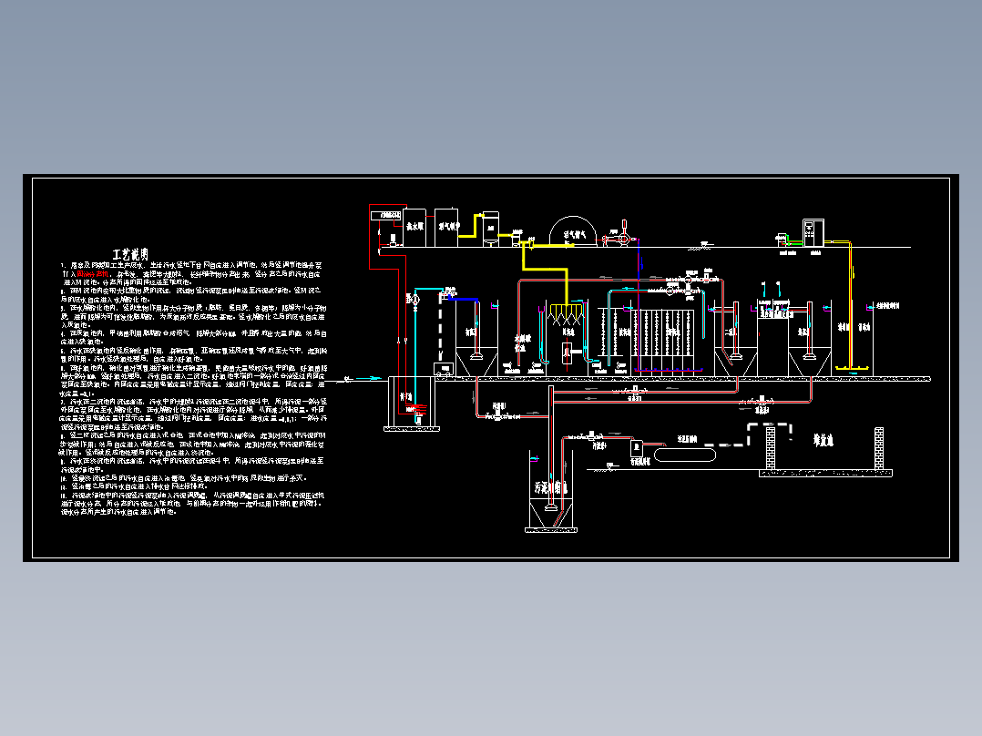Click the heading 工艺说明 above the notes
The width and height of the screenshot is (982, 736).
[130, 253]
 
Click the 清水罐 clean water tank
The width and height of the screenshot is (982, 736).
[415, 225]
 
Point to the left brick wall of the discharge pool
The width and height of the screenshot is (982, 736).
[769, 450]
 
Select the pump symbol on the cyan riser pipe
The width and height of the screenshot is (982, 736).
[415, 299]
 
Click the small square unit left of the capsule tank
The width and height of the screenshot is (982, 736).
[639, 447]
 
